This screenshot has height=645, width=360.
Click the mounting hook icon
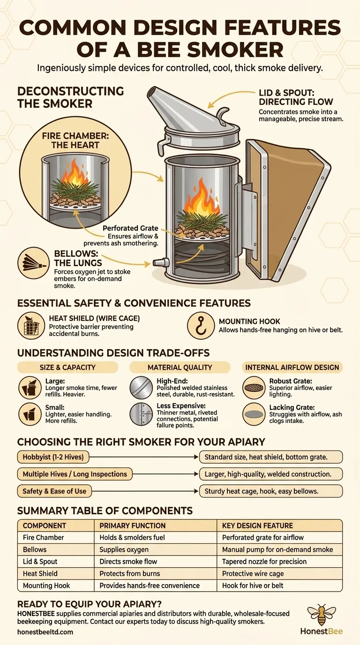pyautogui.click(x=201, y=326)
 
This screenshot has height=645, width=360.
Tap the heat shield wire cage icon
pyautogui.click(x=31, y=326)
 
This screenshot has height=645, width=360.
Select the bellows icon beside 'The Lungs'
pyautogui.click(x=33, y=262)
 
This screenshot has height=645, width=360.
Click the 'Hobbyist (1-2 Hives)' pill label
pyautogui.click(x=53, y=457)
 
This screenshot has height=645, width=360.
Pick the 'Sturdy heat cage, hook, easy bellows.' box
pyautogui.click(x=271, y=491)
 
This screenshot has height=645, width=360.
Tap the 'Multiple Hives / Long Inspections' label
pyautogui.click(x=75, y=474)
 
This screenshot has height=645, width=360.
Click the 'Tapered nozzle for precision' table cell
pyautogui.click(x=264, y=562)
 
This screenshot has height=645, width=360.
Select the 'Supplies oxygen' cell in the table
pyautogui.click(x=124, y=549)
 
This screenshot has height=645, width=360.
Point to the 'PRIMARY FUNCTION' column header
pyautogui.click(x=133, y=525)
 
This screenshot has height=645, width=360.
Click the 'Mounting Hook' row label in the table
pyautogui.click(x=46, y=585)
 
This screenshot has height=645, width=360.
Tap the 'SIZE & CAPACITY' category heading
pyautogui.click(x=67, y=367)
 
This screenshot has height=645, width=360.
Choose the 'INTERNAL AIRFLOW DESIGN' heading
pyautogui.click(x=292, y=367)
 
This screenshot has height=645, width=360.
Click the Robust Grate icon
pyautogui.click(x=254, y=388)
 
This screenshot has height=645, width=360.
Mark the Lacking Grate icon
pyautogui.click(x=254, y=414)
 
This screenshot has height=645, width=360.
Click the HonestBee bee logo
pyautogui.click(x=322, y=614)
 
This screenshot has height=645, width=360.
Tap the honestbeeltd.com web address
pyautogui.click(x=45, y=632)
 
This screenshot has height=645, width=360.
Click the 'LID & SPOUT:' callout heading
pyautogui.click(x=286, y=93)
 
